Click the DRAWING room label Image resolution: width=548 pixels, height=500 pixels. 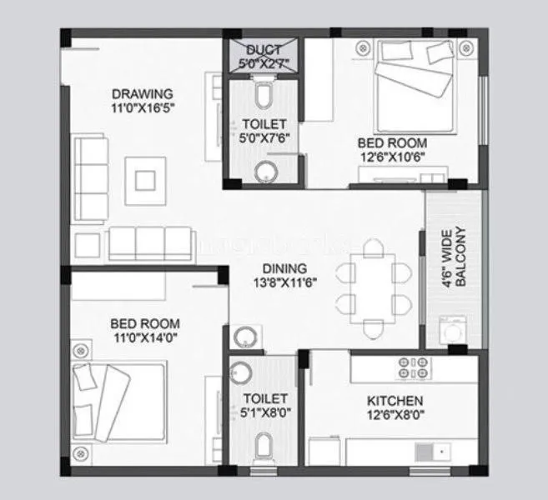coord(142,93)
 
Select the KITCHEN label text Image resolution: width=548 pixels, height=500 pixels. coord(395,401)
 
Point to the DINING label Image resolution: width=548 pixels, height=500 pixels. coord(284,269)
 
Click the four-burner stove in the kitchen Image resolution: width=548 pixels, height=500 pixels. coord(413,368)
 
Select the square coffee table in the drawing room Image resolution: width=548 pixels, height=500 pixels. coord(145,175)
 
